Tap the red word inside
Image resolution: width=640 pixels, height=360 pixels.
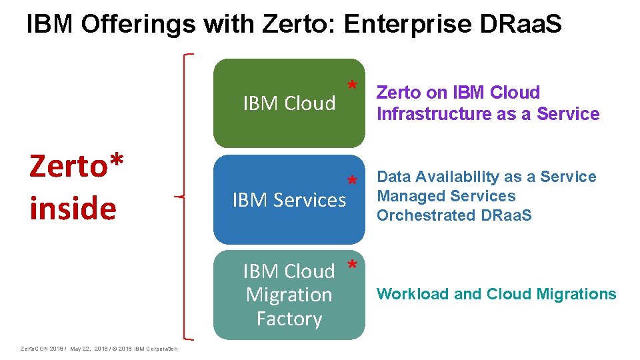tap(73, 208)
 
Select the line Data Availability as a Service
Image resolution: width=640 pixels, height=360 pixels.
tap(486, 177)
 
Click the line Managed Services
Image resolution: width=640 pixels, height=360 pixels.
tap(446, 196)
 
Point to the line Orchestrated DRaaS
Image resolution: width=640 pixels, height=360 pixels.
tap(454, 215)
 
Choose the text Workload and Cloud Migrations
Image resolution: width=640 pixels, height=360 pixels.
tap(497, 294)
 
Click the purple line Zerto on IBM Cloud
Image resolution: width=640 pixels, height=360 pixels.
tap(458, 93)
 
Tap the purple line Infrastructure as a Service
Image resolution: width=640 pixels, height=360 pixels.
tap(488, 114)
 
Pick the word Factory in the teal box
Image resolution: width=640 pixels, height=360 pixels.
tap(289, 319)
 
